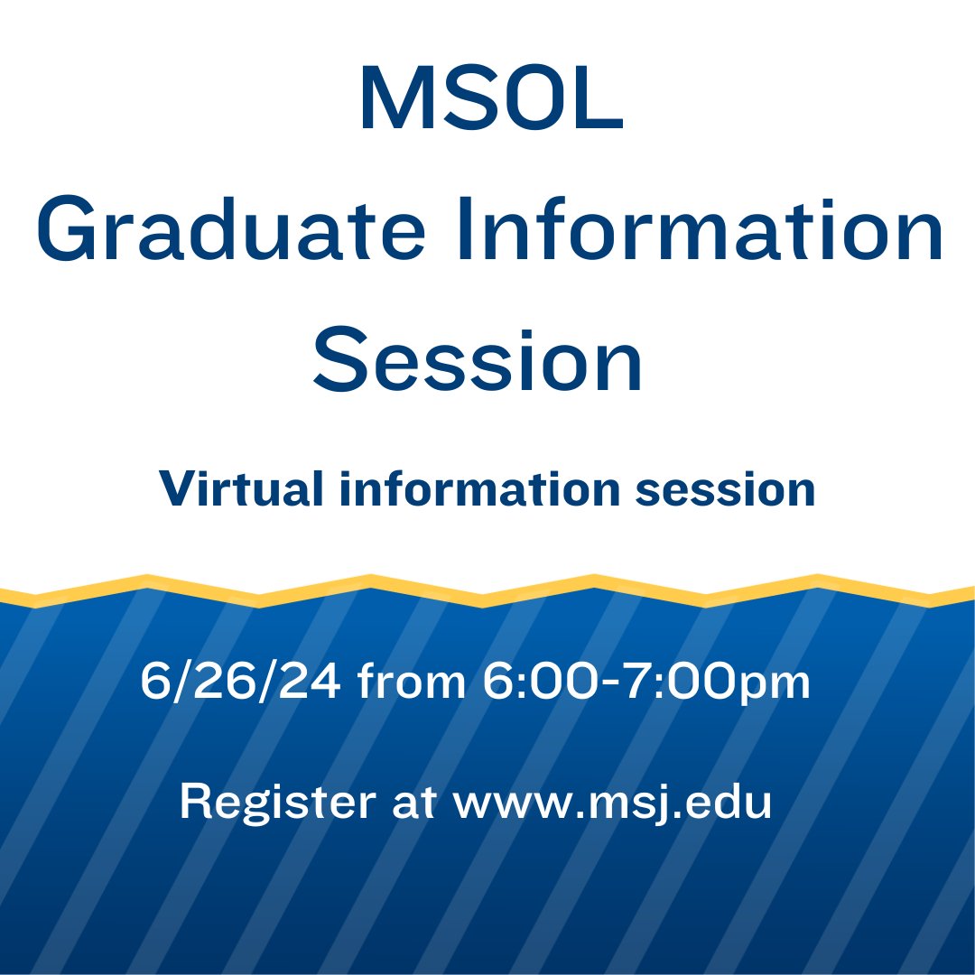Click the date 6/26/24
pos(240,682)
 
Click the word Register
pos(275,801)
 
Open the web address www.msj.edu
pos(612,803)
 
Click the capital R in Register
pos(194,801)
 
